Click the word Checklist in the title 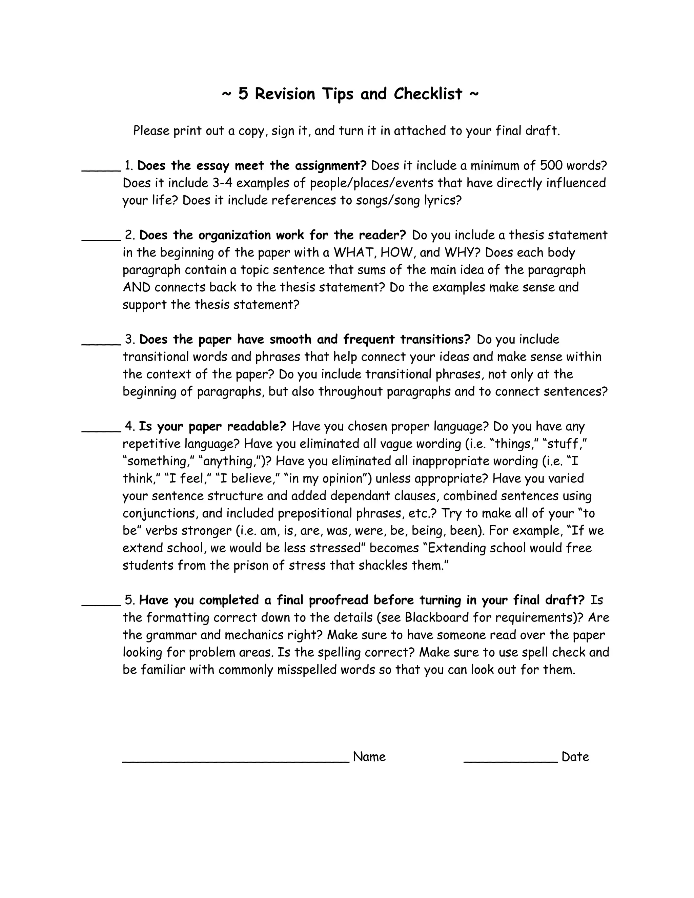[x=428, y=94]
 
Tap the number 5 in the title [x=243, y=94]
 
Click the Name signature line [x=236, y=761]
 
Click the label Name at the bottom [x=369, y=757]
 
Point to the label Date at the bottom [x=575, y=757]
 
